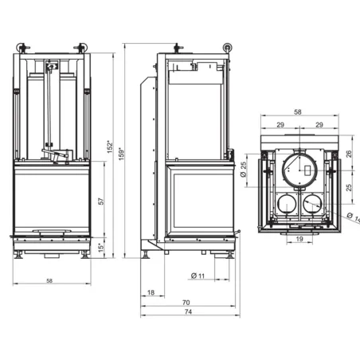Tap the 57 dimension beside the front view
tap(100, 202)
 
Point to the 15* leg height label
tap(100, 248)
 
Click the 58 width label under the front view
tap(49, 281)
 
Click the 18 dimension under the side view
tap(151, 293)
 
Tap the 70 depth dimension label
tap(186, 303)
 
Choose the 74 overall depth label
tap(188, 313)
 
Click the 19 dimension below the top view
tap(299, 239)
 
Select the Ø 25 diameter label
tap(243, 170)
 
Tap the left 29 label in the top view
tap(280, 126)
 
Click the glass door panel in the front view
tap(49, 201)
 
